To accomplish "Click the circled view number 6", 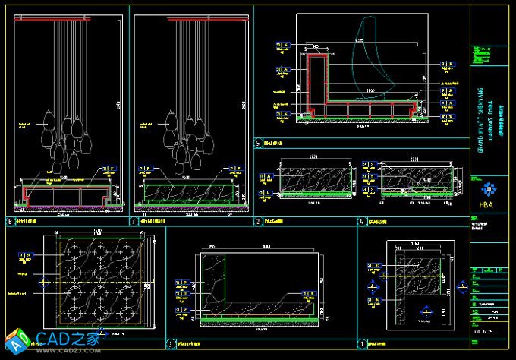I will [10, 222].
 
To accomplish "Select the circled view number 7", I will [134, 222].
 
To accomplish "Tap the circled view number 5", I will [258, 143].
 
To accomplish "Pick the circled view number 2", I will [258, 222].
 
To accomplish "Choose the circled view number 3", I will [171, 343].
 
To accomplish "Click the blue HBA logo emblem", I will [486, 189].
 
